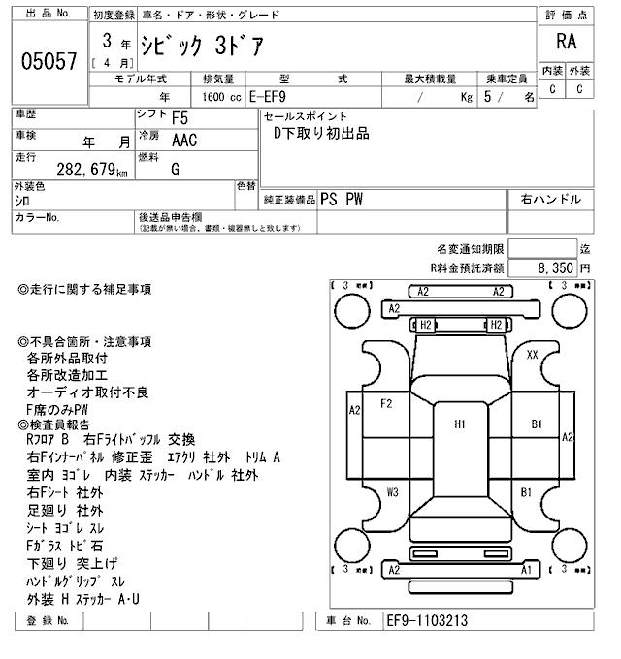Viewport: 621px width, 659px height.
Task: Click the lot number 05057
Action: pyautogui.click(x=49, y=62)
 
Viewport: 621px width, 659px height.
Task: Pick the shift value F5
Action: pyautogui.click(x=180, y=118)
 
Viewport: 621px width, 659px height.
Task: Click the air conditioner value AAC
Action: pyautogui.click(x=183, y=141)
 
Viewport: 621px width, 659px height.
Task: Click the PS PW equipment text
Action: pyautogui.click(x=343, y=200)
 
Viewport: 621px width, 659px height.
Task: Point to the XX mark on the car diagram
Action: pyautogui.click(x=532, y=355)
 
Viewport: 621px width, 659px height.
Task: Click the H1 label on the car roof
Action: pyautogui.click(x=460, y=424)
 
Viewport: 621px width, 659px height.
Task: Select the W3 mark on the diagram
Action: pyautogui.click(x=392, y=492)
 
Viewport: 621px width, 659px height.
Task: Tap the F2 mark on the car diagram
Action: pyautogui.click(x=386, y=403)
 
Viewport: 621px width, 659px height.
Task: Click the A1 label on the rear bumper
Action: pyautogui.click(x=526, y=571)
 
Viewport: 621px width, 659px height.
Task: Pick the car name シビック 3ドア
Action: pyautogui.click(x=202, y=47)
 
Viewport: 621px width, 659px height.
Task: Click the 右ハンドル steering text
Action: pyautogui.click(x=550, y=200)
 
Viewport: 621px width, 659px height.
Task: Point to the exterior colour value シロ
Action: pyautogui.click(x=22, y=201)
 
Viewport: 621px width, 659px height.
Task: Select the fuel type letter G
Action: pyautogui.click(x=176, y=169)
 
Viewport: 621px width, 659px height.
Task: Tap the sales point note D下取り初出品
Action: pyautogui.click(x=321, y=134)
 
